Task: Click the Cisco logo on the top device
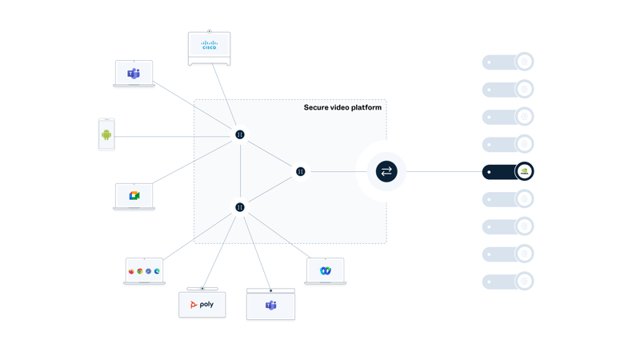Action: click(209, 45)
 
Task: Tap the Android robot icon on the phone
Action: click(106, 135)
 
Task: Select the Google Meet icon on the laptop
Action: click(134, 195)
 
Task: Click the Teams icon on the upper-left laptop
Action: click(134, 74)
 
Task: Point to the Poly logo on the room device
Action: click(202, 305)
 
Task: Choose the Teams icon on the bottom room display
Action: click(270, 306)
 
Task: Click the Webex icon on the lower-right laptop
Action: click(326, 271)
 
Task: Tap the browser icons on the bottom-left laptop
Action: click(144, 271)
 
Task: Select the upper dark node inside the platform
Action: click(239, 134)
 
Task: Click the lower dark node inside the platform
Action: click(239, 207)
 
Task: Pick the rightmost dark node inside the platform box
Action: click(301, 171)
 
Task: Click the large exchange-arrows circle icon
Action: click(386, 171)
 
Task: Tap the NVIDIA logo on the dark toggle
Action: click(524, 171)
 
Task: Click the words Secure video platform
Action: click(342, 107)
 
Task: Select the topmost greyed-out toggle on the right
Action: click(507, 62)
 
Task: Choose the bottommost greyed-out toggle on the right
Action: click(507, 282)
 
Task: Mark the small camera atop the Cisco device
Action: click(210, 31)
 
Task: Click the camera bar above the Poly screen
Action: click(202, 289)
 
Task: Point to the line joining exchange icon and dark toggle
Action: click(444, 171)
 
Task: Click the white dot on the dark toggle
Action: click(489, 172)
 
